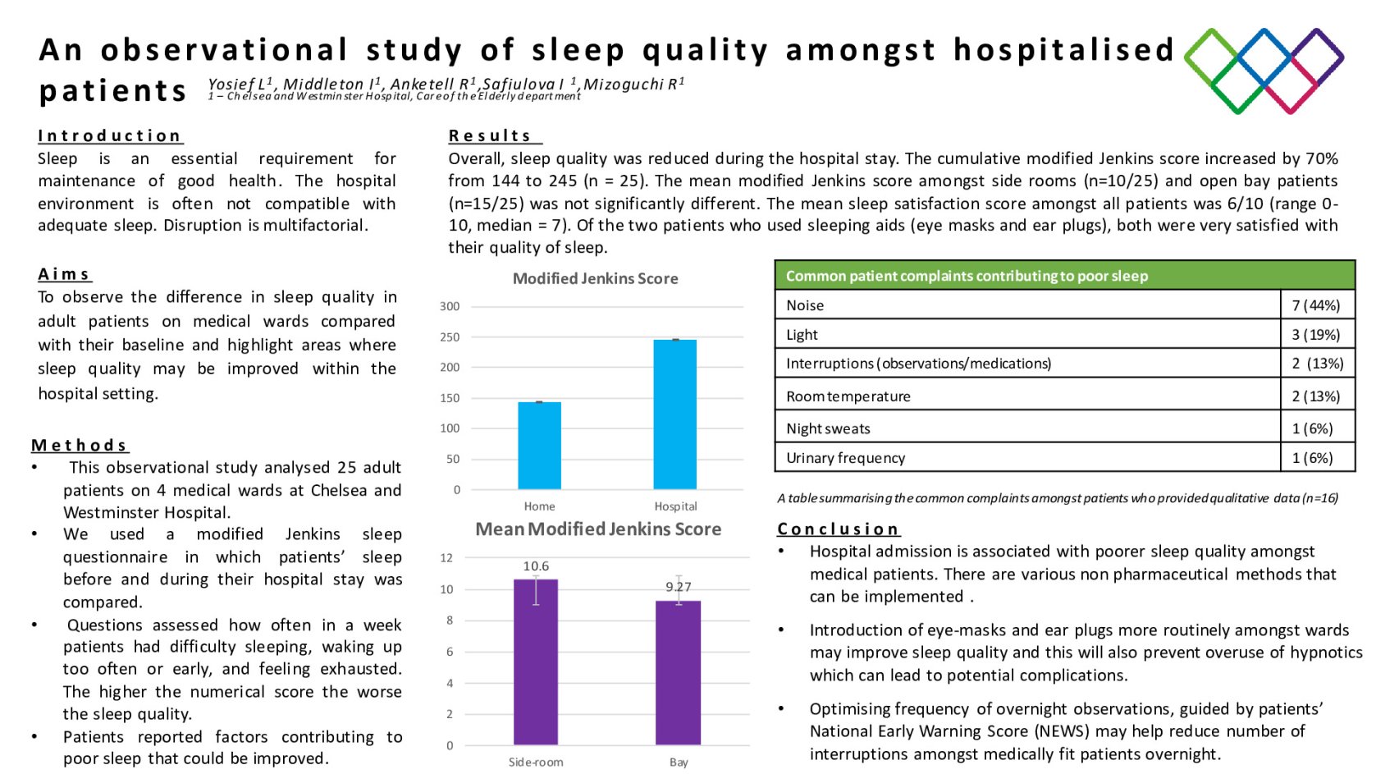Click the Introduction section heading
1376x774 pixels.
click(x=109, y=135)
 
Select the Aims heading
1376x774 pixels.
click(x=64, y=274)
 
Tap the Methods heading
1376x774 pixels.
click(x=80, y=445)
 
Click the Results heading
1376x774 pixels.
click(x=491, y=135)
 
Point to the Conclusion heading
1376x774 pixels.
click(x=838, y=529)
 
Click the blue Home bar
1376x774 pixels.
click(x=539, y=446)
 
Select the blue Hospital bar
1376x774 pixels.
click(x=674, y=414)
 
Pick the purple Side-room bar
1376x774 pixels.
click(x=535, y=662)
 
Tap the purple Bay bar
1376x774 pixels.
click(x=678, y=672)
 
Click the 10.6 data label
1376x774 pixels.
click(x=536, y=566)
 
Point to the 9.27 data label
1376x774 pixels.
click(x=678, y=587)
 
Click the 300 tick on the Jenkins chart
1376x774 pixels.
click(x=450, y=306)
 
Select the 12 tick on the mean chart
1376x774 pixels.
click(x=446, y=558)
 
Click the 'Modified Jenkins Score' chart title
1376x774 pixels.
click(x=595, y=279)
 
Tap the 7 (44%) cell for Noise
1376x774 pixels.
click(x=1315, y=305)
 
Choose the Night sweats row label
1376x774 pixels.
click(x=828, y=428)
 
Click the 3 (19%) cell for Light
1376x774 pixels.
click(x=1315, y=335)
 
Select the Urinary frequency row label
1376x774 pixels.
click(x=845, y=458)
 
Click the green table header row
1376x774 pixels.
click(x=1064, y=276)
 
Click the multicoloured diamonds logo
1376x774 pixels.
click(x=1264, y=71)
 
